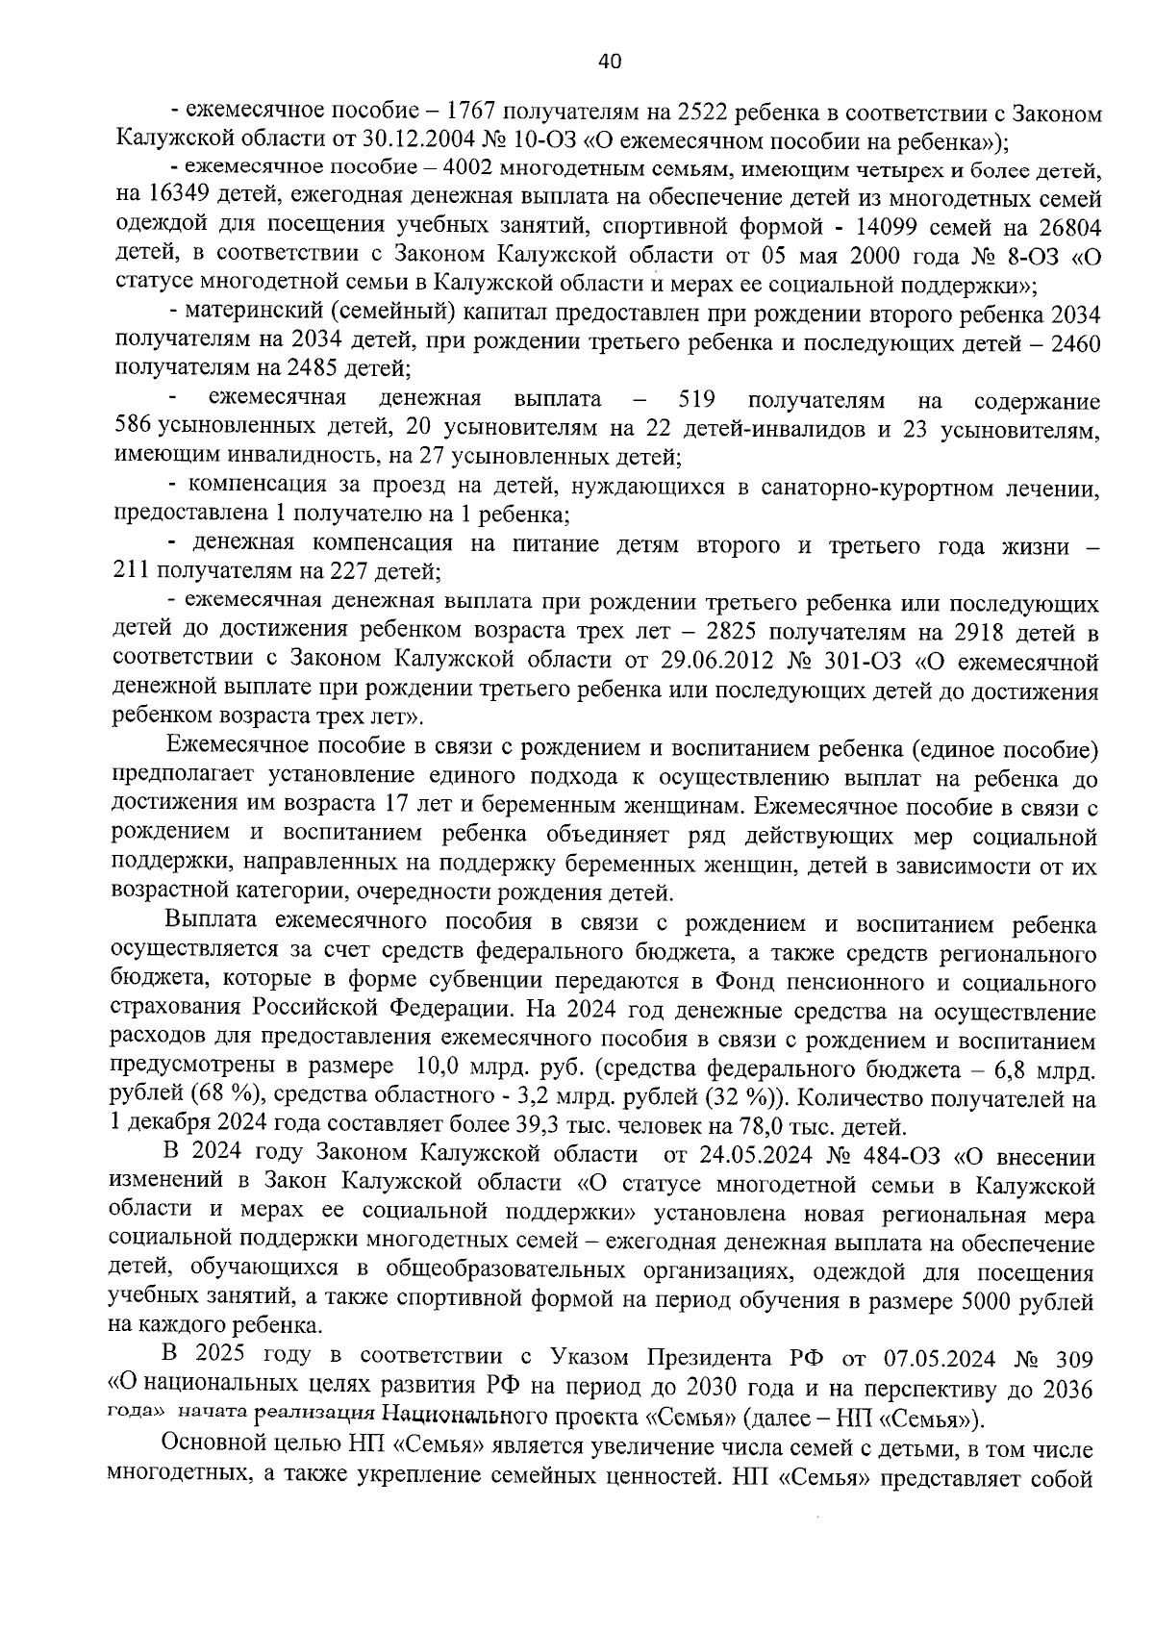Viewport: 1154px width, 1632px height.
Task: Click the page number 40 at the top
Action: pos(610,62)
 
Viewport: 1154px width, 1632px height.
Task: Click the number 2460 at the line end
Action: pos(1067,342)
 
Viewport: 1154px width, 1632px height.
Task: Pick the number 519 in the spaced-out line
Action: pos(696,399)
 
